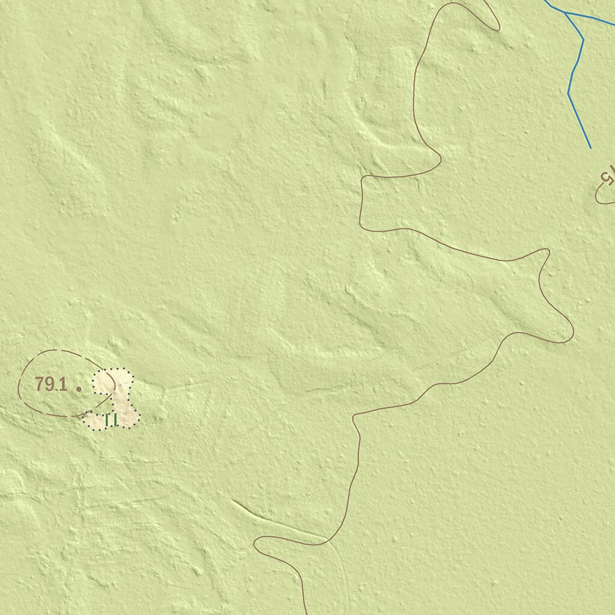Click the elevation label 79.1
click(x=50, y=384)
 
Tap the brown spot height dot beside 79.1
click(x=79, y=389)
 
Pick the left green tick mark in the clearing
click(x=107, y=420)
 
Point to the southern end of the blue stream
click(x=590, y=148)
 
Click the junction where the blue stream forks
click(x=566, y=13)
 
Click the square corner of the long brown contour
click(x=363, y=179)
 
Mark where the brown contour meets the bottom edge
click(x=307, y=613)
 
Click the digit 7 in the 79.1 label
click(x=40, y=384)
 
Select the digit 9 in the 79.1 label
click(x=48, y=384)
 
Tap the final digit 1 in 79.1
click(x=62, y=384)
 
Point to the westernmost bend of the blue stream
click(x=569, y=93)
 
